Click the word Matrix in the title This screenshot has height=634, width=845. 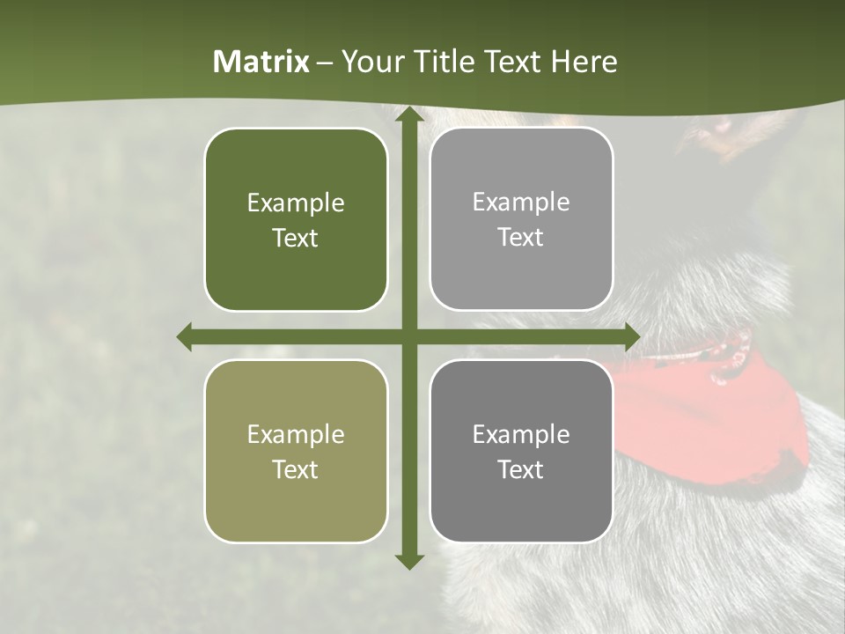click(x=261, y=62)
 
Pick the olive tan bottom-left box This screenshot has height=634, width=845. click(x=296, y=502)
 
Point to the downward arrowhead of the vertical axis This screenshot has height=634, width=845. click(x=408, y=561)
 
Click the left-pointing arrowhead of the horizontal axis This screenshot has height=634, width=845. click(x=185, y=337)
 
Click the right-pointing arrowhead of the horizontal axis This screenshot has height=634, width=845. click(x=632, y=337)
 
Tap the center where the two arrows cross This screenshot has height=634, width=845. click(x=408, y=337)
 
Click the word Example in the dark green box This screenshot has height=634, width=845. click(x=296, y=203)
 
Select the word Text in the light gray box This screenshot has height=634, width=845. click(x=521, y=238)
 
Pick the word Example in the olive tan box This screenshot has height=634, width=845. click(x=296, y=435)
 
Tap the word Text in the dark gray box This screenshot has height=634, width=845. click(x=521, y=470)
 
